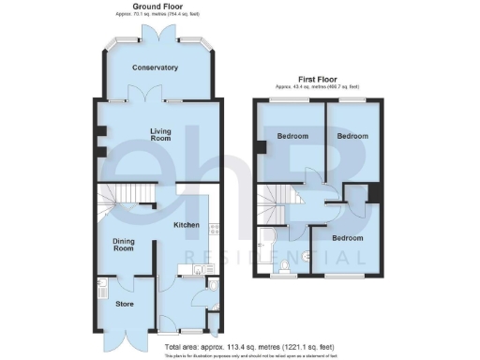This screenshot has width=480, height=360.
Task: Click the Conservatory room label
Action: (x=156, y=67)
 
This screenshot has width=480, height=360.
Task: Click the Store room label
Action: (x=125, y=304)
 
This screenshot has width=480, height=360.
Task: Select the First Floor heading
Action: (x=319, y=79)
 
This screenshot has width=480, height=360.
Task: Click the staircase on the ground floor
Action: (x=117, y=198)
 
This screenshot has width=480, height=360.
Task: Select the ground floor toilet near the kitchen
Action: (x=214, y=288)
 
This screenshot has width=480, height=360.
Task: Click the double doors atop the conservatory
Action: (x=156, y=32)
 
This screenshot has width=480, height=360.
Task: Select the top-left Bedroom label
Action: (x=292, y=137)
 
